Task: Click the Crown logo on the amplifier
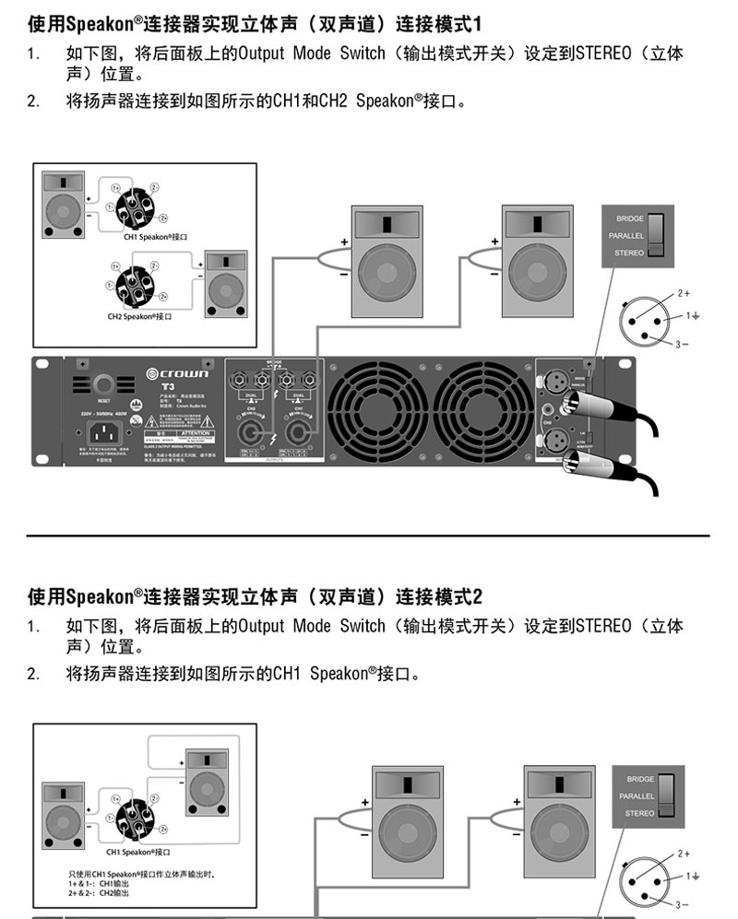pos(178,373)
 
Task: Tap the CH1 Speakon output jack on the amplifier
pos(299,430)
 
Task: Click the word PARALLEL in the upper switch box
pos(625,236)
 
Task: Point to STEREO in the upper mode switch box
pos(628,253)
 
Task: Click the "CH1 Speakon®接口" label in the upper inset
pos(149,237)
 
